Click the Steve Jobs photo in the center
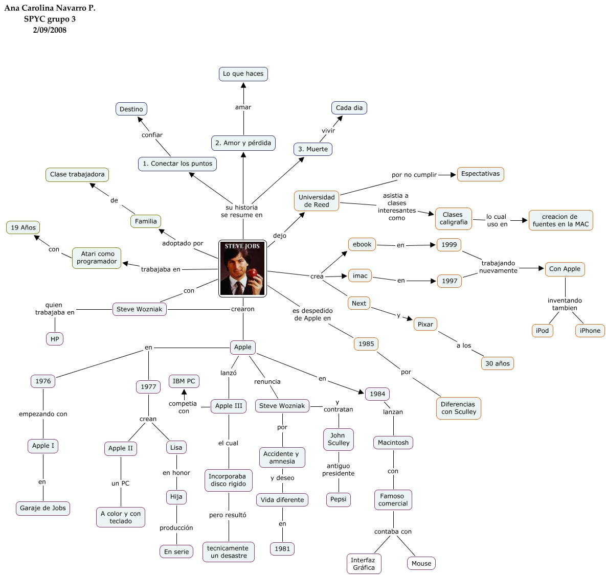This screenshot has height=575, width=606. point(242,268)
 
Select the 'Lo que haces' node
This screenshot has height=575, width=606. point(243,74)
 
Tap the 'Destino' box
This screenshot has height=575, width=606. point(131,109)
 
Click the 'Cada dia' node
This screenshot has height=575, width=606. point(349,108)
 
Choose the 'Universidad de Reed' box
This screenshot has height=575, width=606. point(317,201)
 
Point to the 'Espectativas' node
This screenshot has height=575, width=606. point(480,174)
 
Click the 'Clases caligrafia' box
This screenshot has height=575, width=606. point(453,218)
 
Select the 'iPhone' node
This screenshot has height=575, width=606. point(590,331)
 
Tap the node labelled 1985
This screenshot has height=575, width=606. point(366,344)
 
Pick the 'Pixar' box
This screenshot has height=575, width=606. point(425,324)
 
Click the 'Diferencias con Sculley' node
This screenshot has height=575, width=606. point(458,408)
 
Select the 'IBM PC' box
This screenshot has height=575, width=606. point(184,381)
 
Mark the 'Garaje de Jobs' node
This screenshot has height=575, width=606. point(43,508)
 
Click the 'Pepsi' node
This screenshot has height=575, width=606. point(338,499)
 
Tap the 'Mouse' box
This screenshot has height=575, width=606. point(421,563)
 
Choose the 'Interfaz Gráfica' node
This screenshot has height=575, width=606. point(364,564)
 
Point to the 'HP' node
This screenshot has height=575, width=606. point(55,339)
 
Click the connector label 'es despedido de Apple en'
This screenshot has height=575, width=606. point(312,314)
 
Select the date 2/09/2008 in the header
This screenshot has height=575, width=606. point(50,30)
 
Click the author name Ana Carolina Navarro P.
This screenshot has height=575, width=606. point(50,8)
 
